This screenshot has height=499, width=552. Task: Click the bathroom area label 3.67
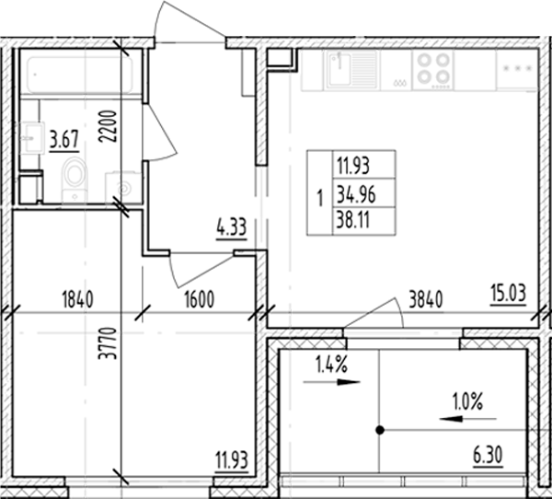tap(63, 140)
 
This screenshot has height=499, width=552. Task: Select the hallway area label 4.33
tap(230, 226)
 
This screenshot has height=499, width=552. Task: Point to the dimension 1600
tap(199, 298)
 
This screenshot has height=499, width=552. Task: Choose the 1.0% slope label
tap(468, 401)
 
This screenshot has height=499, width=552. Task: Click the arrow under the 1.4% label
tap(335, 381)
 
